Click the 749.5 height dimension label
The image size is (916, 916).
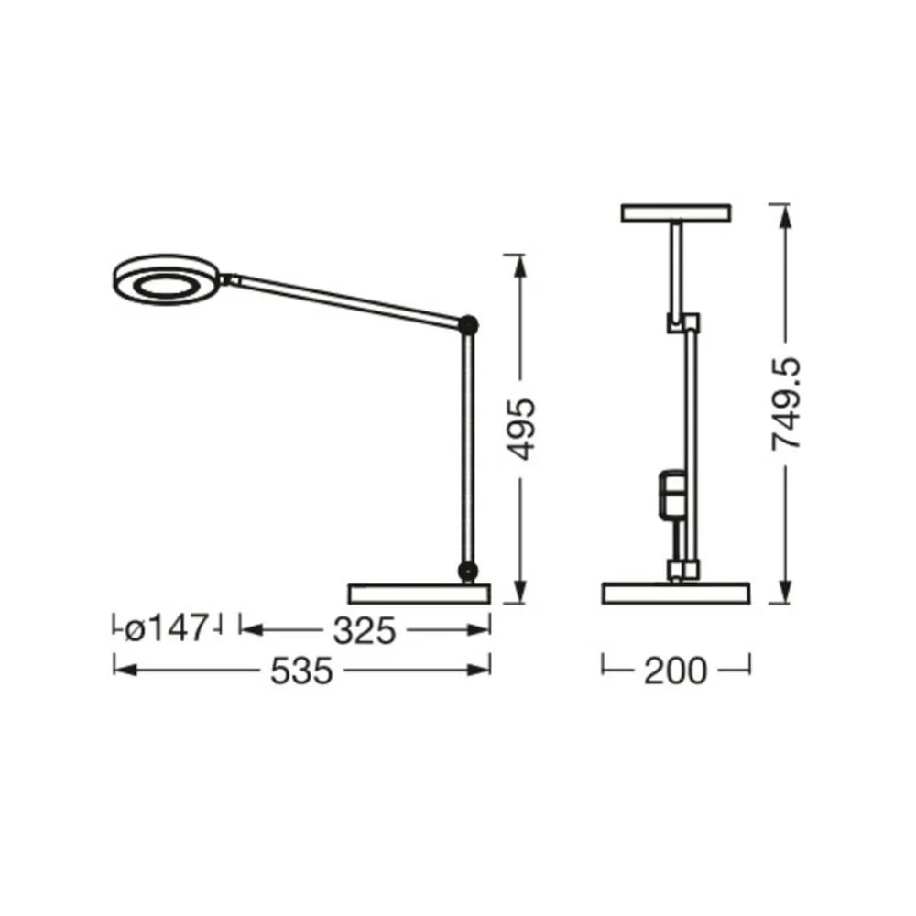(785, 402)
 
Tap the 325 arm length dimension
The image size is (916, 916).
(364, 630)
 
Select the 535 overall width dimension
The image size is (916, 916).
(301, 671)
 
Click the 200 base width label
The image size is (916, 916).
(675, 671)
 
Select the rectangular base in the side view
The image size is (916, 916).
(420, 593)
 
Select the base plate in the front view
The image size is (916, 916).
(675, 594)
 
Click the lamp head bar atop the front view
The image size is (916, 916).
(676, 213)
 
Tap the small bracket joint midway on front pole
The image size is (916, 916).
(682, 323)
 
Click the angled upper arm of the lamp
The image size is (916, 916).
(348, 298)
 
